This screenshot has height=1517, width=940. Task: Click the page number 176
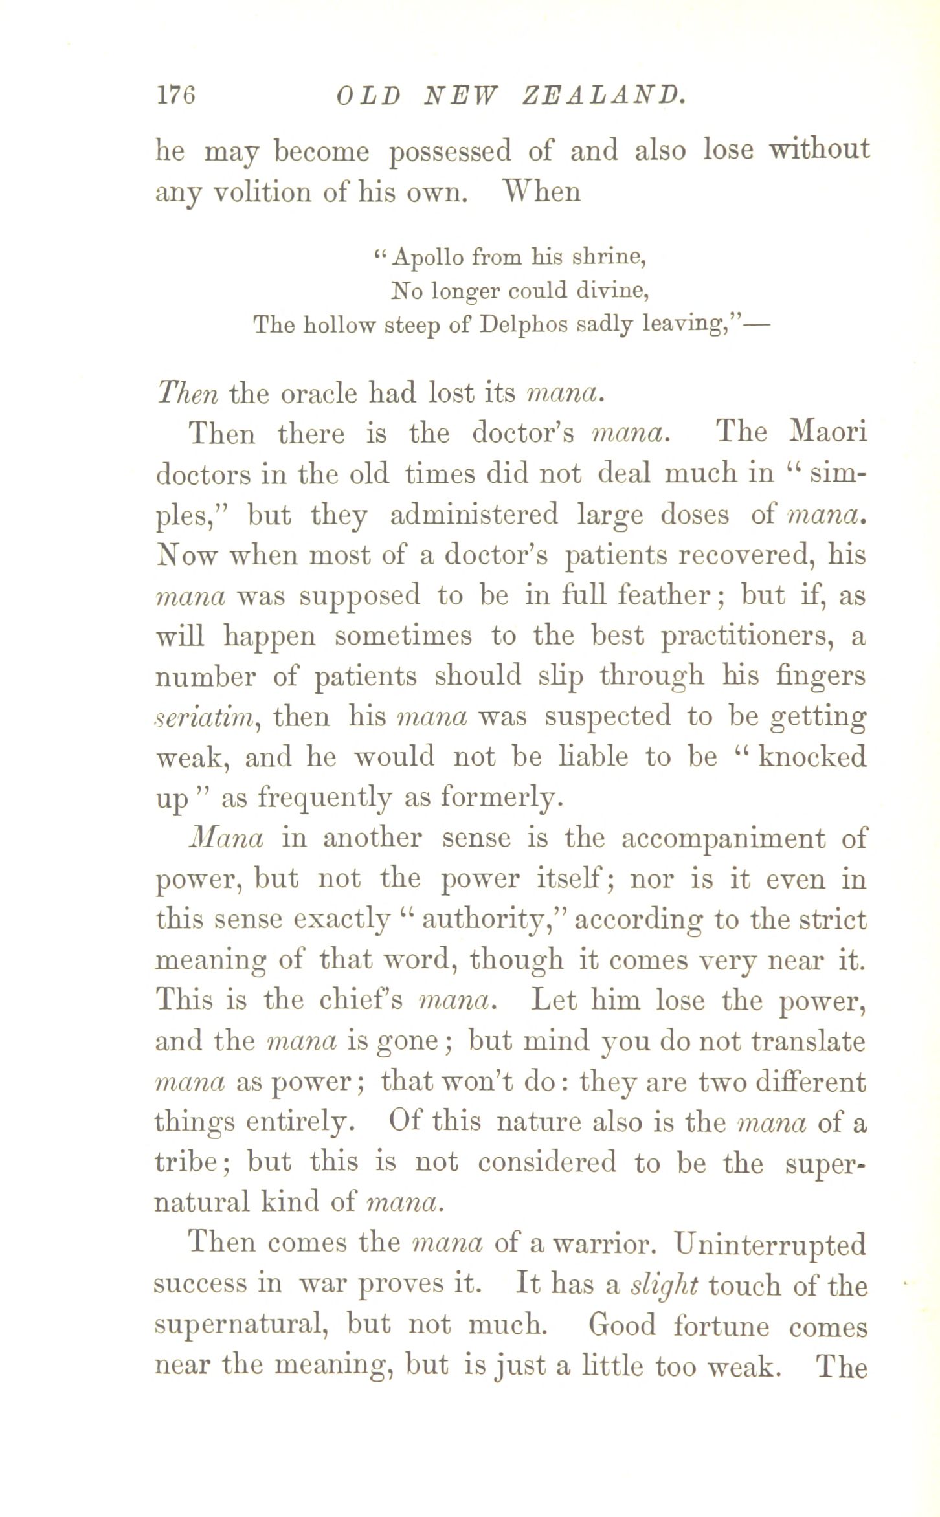click(x=175, y=95)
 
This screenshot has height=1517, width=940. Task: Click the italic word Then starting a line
click(x=188, y=393)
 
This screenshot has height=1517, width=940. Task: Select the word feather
click(x=673, y=595)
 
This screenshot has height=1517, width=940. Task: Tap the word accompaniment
click(x=723, y=839)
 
